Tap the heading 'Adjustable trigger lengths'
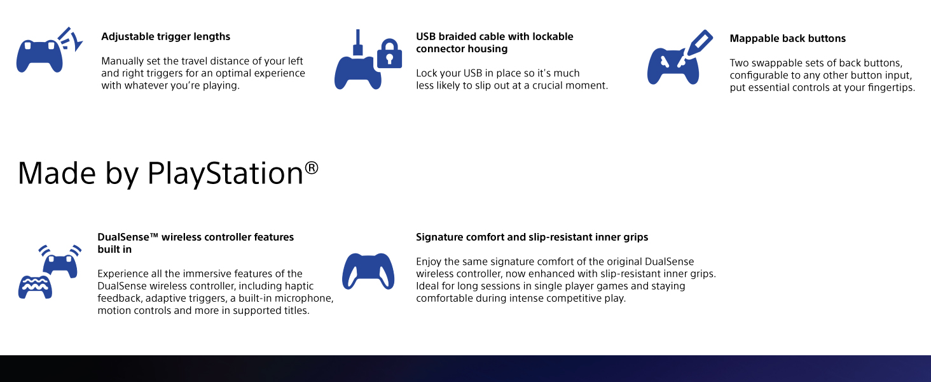point(165,37)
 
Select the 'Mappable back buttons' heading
point(787,39)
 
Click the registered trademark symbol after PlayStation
point(311,167)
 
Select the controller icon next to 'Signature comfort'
point(368,271)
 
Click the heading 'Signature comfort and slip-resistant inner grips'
point(532,237)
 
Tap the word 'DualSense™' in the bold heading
point(128,237)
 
